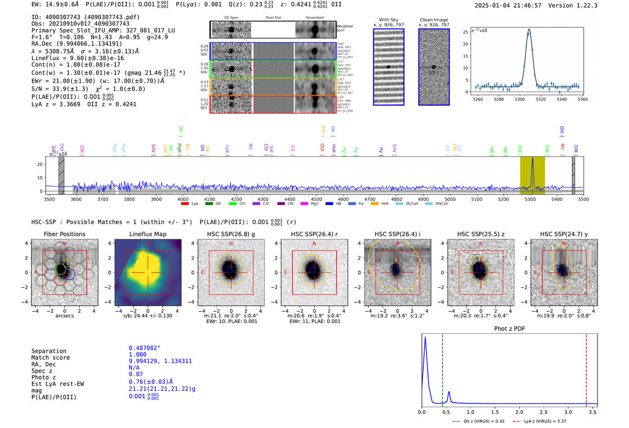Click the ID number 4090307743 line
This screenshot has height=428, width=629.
click(x=85, y=17)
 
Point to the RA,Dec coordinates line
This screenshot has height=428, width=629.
click(x=76, y=44)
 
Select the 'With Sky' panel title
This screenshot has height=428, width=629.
click(x=388, y=20)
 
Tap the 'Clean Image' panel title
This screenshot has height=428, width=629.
click(x=434, y=20)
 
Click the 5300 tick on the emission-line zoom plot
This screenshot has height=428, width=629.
click(x=520, y=99)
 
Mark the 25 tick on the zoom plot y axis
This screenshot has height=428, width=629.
click(x=465, y=32)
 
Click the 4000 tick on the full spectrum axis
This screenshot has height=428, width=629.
click(x=183, y=199)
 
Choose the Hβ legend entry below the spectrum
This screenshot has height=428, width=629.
click(x=334, y=204)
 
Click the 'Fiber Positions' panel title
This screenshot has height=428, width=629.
click(x=64, y=234)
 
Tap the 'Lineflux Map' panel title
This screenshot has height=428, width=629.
click(x=148, y=234)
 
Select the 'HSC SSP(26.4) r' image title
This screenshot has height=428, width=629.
click(x=314, y=234)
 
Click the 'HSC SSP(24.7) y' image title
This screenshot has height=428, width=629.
click(x=563, y=234)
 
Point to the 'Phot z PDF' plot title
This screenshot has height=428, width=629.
click(x=509, y=329)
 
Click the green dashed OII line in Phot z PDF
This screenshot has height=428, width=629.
click(x=442, y=368)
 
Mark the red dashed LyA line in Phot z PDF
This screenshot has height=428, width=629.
click(x=586, y=368)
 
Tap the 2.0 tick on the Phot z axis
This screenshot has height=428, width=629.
click(x=519, y=412)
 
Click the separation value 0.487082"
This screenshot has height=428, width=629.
click(x=144, y=348)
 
